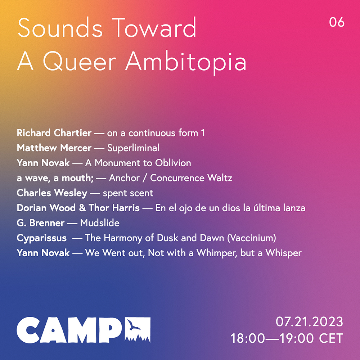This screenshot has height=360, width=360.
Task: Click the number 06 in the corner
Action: [337, 22]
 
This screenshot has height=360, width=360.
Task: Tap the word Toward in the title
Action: [154, 28]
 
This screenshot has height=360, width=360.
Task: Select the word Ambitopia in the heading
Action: [186, 62]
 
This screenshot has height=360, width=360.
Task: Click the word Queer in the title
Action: [80, 62]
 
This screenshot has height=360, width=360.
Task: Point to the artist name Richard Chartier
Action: [54, 133]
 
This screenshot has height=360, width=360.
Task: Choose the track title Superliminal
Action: [134, 148]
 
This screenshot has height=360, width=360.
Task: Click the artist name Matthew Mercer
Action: [54, 148]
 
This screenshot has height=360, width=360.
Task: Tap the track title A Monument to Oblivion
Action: [138, 163]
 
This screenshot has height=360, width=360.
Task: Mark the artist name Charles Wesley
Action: [52, 193]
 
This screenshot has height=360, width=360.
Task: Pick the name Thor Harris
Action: [114, 208]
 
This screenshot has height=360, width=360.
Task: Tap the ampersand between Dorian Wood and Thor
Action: [82, 208]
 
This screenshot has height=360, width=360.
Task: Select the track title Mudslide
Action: [100, 223]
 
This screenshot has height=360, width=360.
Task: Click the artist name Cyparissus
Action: [41, 238]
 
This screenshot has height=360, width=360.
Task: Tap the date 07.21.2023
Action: [309, 321]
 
